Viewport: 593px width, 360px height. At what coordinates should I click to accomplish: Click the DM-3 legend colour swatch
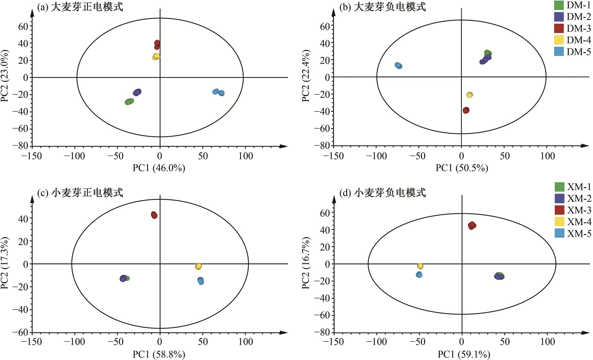click(559, 28)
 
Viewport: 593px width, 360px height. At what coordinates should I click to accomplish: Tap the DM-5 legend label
click(578, 52)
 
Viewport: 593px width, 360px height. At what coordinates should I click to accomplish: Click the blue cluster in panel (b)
click(398, 66)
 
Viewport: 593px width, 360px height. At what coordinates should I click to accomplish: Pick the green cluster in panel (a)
click(129, 102)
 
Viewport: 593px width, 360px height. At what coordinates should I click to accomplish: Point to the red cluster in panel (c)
click(154, 215)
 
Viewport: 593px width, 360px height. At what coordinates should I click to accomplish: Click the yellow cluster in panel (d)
click(420, 266)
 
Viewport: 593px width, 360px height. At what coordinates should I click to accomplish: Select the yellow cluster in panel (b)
click(469, 95)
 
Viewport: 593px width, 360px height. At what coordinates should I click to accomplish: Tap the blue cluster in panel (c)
click(201, 281)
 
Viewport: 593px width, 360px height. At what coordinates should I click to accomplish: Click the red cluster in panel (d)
click(472, 226)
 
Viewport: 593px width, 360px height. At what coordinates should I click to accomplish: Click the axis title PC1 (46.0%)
click(159, 168)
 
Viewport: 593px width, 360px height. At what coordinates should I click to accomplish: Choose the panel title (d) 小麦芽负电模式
click(382, 193)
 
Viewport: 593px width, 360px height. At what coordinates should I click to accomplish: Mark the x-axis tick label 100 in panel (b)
click(547, 156)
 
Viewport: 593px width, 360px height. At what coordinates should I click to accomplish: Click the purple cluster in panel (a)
click(137, 92)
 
